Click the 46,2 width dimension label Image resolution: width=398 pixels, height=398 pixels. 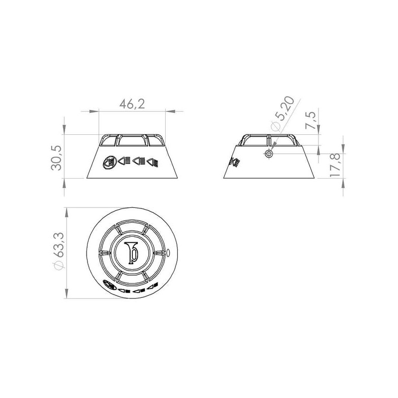132,104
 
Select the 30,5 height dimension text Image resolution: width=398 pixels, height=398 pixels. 56,158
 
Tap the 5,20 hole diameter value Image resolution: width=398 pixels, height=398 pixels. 286,107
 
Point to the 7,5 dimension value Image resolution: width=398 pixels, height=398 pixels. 311,120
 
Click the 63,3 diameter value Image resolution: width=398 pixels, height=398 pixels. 59,245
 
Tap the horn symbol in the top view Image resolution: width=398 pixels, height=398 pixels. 131,253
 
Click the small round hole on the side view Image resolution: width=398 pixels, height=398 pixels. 269,153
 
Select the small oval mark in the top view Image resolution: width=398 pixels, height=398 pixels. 168,253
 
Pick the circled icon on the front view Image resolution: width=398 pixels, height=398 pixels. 109,162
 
